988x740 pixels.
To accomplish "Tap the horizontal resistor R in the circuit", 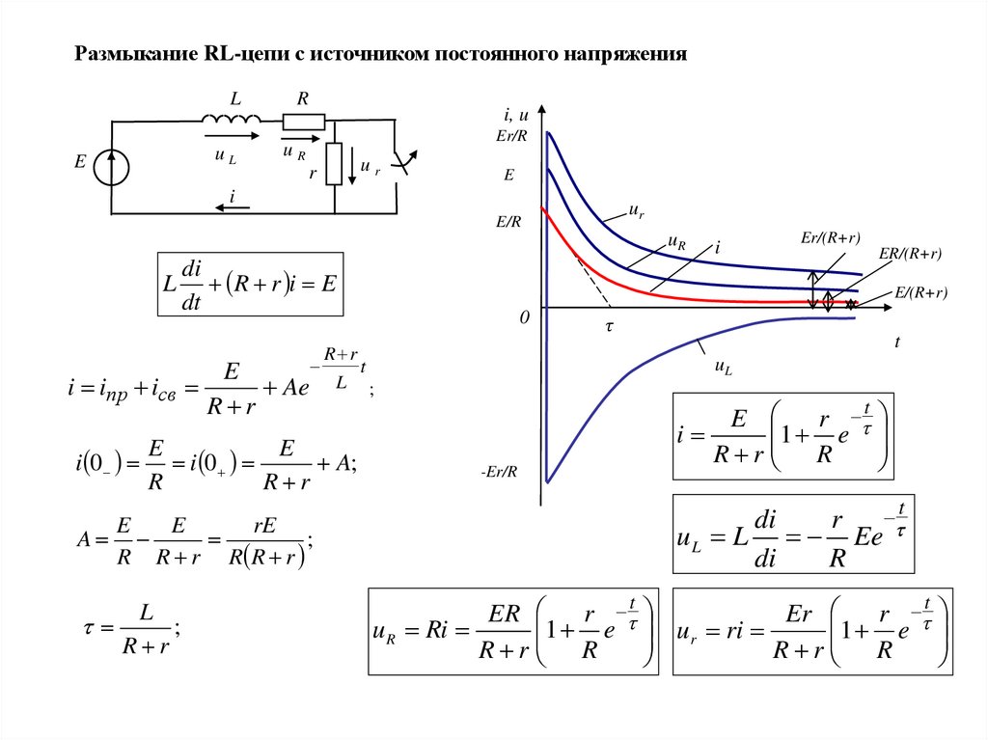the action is [303, 121].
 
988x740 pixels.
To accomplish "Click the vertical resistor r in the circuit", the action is [334, 163].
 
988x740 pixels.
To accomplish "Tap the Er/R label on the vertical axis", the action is [512, 136].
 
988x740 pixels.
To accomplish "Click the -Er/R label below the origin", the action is [499, 473].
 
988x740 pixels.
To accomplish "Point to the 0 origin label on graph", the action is [525, 316].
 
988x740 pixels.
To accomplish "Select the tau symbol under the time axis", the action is [609, 327].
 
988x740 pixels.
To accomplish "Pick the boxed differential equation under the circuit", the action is [250, 284].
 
